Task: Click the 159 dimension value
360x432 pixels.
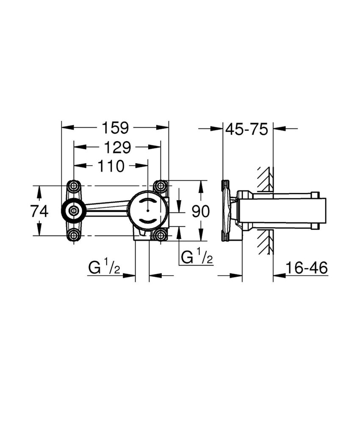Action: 115,127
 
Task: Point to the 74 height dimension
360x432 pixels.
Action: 39,211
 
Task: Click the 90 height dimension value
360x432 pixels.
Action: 200,211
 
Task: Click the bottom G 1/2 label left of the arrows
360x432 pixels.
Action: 105,268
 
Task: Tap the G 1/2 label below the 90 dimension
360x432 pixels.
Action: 197,257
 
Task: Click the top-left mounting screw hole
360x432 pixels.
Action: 74,186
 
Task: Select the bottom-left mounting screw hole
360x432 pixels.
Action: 74,235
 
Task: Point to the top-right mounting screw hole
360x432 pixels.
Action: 160,186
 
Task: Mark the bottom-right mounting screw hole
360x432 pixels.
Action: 160,235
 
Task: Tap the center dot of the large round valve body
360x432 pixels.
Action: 147,211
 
